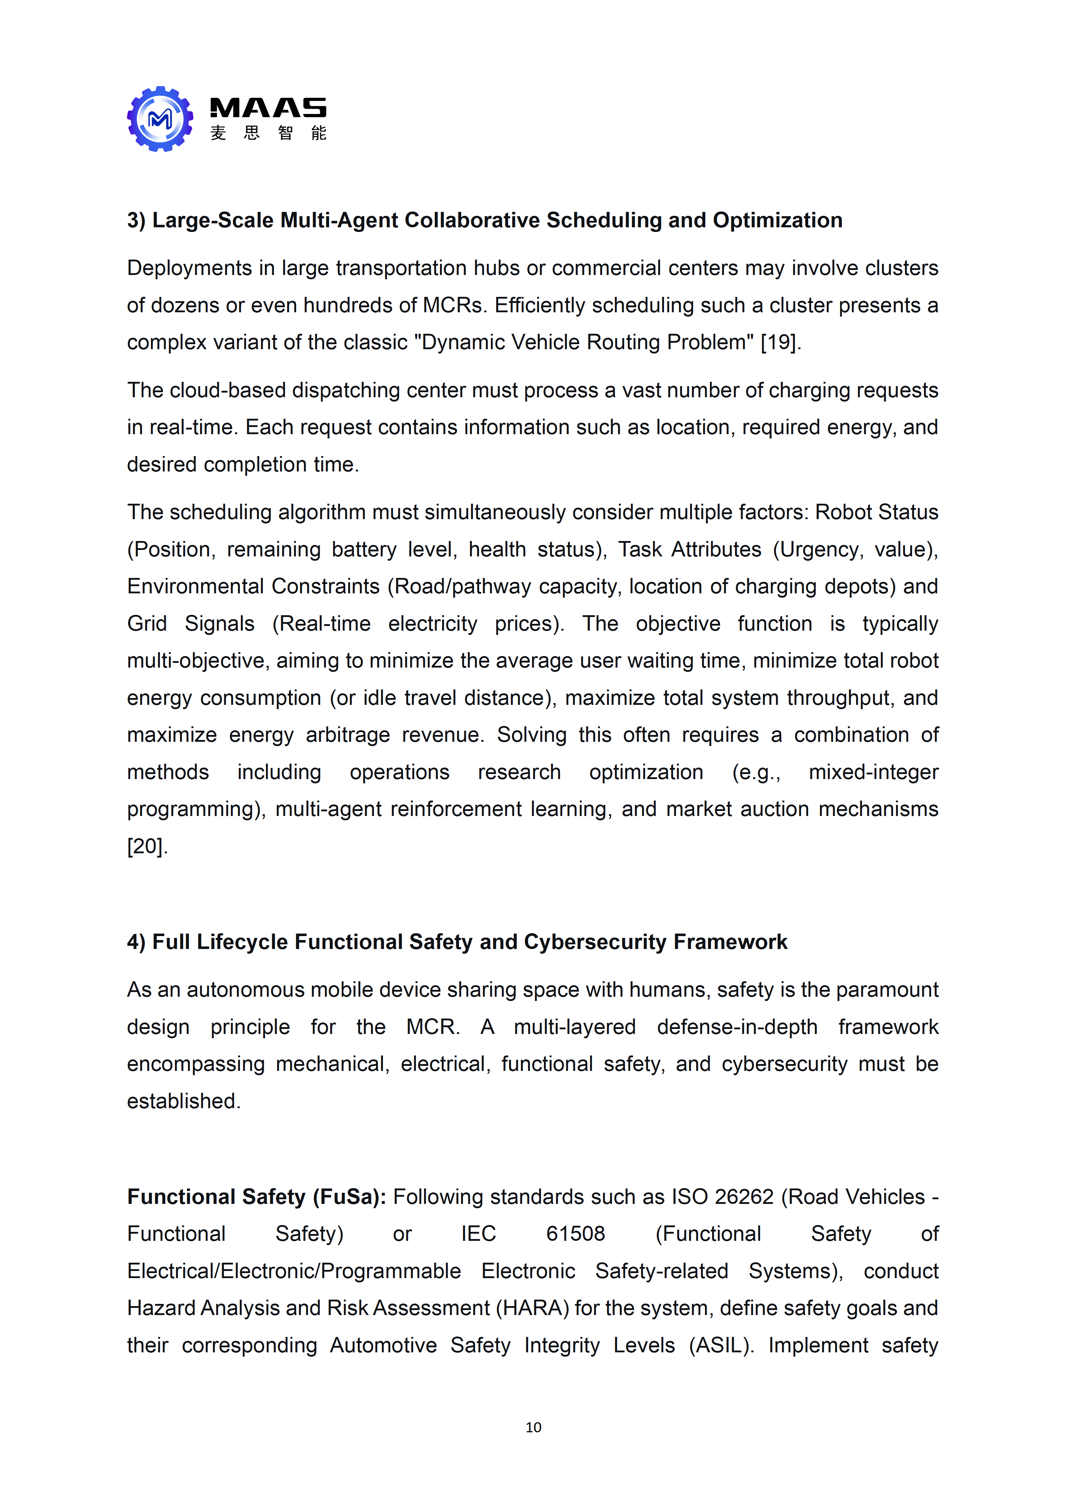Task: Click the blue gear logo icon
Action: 160,119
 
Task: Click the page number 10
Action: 533,1427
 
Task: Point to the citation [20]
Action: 147,846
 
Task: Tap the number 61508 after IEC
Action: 575,1234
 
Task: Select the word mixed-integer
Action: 873,772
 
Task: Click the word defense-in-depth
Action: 737,1026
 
